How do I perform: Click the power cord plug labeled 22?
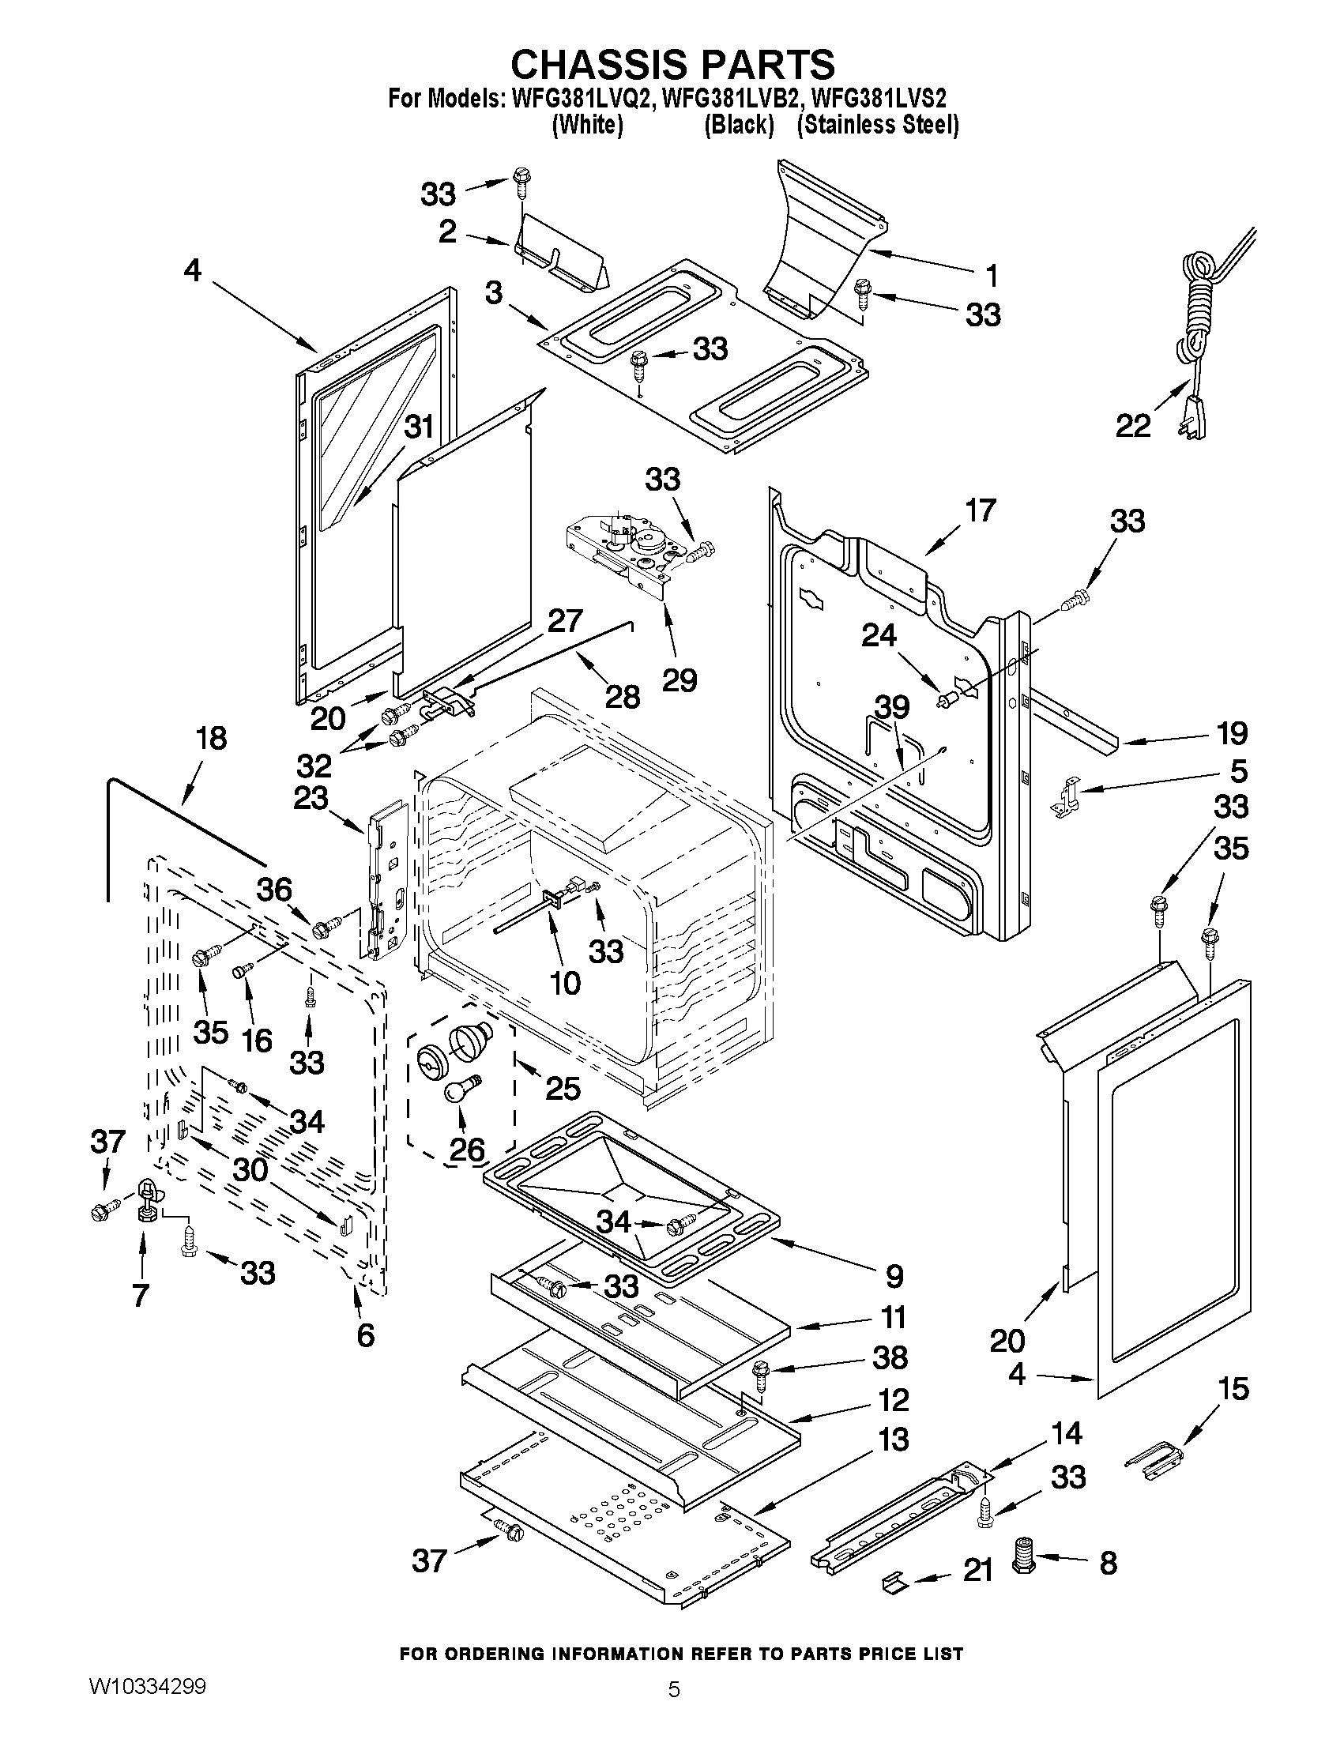pyautogui.click(x=1193, y=415)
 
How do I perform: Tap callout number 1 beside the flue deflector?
pyautogui.click(x=991, y=276)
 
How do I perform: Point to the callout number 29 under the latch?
pyautogui.click(x=680, y=679)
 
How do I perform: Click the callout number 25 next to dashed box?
pyautogui.click(x=562, y=1088)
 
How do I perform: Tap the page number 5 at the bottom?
pyautogui.click(x=674, y=1707)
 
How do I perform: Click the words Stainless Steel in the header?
pyautogui.click(x=877, y=125)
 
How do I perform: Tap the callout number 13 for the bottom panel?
pyautogui.click(x=894, y=1440)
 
